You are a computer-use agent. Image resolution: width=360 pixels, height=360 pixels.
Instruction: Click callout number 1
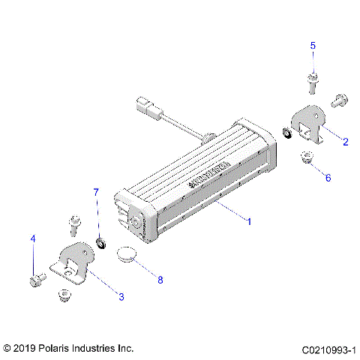click(x=248, y=221)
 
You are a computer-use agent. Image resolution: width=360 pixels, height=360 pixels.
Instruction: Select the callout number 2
click(x=345, y=140)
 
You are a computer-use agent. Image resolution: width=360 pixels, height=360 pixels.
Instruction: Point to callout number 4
click(x=32, y=239)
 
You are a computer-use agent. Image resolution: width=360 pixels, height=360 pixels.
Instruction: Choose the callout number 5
click(x=313, y=46)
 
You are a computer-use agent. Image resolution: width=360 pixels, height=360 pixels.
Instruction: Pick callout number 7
click(x=95, y=193)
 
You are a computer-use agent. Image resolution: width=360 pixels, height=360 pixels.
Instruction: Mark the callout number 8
click(x=159, y=279)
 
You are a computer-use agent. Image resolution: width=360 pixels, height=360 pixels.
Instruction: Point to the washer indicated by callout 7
click(x=100, y=242)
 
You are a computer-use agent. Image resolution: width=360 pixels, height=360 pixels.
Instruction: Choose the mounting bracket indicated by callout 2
click(x=307, y=124)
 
